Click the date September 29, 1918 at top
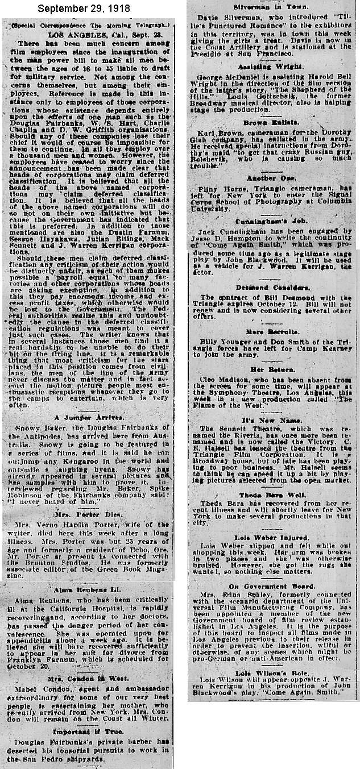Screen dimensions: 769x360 coord(84,10)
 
